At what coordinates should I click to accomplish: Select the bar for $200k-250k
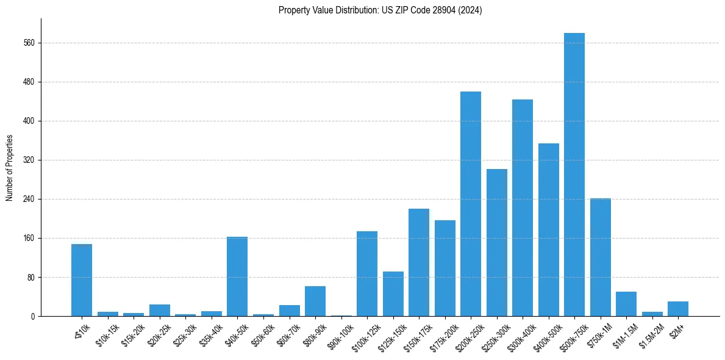pyautogui.click(x=471, y=204)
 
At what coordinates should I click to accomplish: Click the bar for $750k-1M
pyautogui.click(x=601, y=257)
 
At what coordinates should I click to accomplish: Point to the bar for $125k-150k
pyautogui.click(x=393, y=293)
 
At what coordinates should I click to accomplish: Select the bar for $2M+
pyautogui.click(x=678, y=309)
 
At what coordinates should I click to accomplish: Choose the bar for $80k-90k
pyautogui.click(x=315, y=301)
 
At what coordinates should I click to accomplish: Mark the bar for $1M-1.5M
pyautogui.click(x=626, y=304)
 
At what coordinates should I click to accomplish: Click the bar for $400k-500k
pyautogui.click(x=549, y=229)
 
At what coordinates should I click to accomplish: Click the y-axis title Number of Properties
pyautogui.click(x=9, y=168)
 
